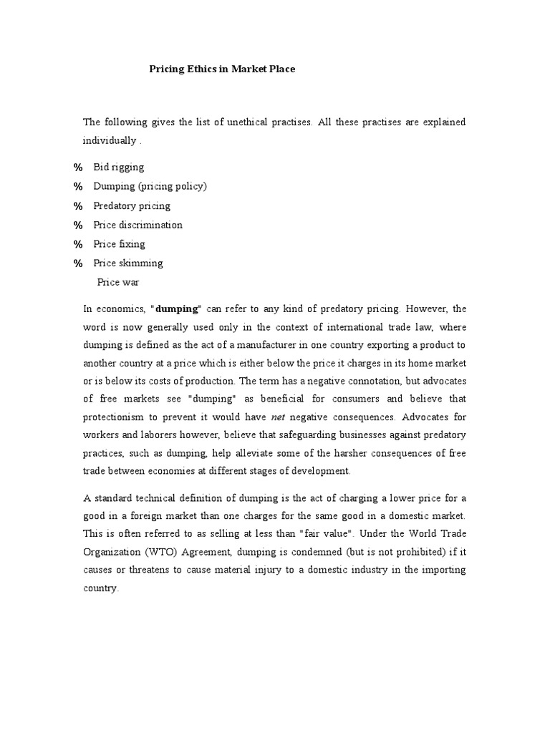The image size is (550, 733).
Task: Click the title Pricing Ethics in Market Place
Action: pos(222,69)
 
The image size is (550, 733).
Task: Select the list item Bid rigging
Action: pos(118,167)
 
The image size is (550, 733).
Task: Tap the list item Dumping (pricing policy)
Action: pos(150,186)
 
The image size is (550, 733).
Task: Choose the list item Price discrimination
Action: pos(137,225)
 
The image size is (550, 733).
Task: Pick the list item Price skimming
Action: pos(128,263)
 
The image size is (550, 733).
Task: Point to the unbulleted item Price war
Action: pos(118,282)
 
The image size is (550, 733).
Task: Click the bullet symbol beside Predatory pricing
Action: pos(78,206)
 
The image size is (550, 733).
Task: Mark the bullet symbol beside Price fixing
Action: pos(78,244)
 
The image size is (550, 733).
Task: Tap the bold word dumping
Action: pos(175,309)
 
